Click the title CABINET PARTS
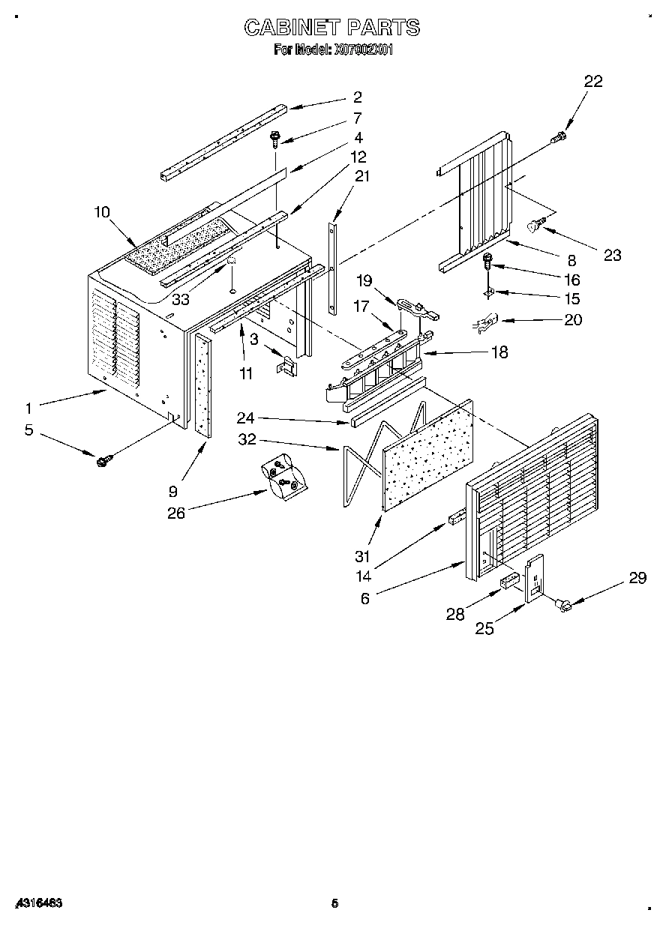[332, 28]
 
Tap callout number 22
[592, 82]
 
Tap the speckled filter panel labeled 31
[428, 455]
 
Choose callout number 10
[101, 212]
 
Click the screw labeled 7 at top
[275, 138]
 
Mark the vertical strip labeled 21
[332, 266]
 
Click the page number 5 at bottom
[334, 904]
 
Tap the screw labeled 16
[488, 262]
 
